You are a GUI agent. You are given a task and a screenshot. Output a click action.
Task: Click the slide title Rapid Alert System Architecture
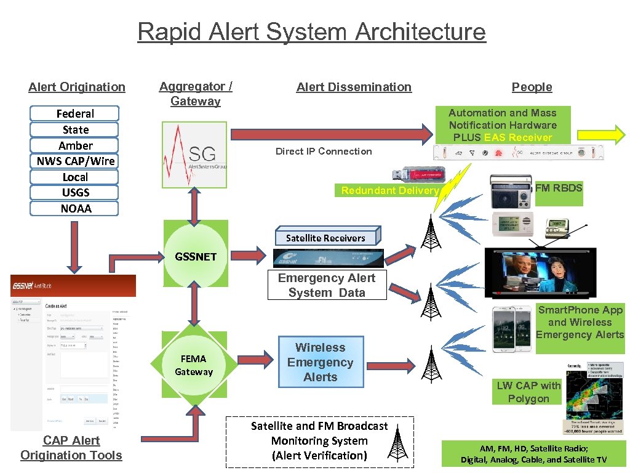[x=311, y=31]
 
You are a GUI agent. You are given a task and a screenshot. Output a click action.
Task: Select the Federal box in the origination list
[x=75, y=114]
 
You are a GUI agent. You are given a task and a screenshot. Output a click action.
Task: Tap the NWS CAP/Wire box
[x=75, y=161]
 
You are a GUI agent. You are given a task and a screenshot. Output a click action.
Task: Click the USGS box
[x=75, y=193]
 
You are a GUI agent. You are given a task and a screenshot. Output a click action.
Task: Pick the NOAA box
[x=75, y=209]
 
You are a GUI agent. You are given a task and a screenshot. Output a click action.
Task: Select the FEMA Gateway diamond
[x=194, y=365]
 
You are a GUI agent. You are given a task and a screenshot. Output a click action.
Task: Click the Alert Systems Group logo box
[x=194, y=155]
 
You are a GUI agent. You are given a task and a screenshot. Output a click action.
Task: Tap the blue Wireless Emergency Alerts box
[x=320, y=362]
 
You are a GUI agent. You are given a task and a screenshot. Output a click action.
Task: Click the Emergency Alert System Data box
[x=327, y=285]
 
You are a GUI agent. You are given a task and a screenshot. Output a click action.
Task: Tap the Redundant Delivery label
[x=389, y=191]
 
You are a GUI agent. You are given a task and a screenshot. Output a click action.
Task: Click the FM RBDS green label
[x=558, y=188]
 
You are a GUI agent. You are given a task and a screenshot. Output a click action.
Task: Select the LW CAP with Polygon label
[x=528, y=392]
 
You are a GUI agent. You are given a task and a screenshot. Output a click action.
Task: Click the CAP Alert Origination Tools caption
[x=71, y=448]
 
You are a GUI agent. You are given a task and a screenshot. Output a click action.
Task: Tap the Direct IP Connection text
[x=324, y=152]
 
